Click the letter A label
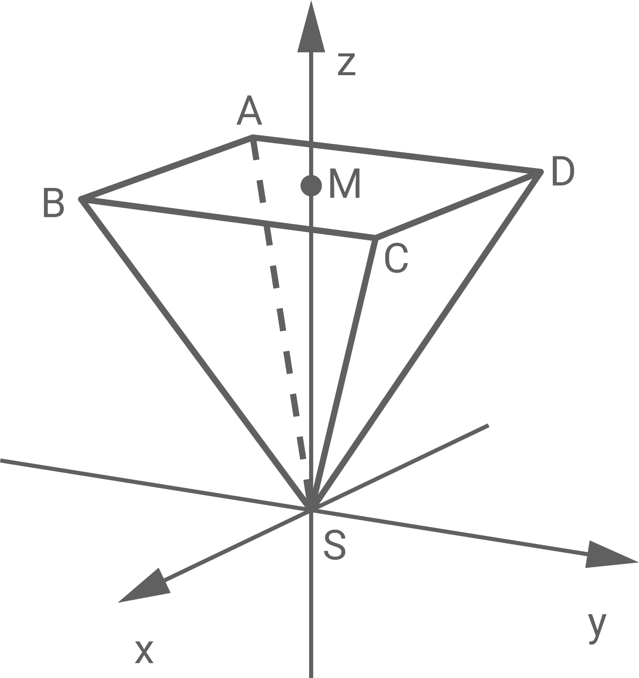tap(249, 113)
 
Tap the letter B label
tap(53, 204)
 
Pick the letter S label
tap(334, 545)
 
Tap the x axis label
tap(144, 651)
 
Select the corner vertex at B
tap(82, 199)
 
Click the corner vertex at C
tap(374, 239)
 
